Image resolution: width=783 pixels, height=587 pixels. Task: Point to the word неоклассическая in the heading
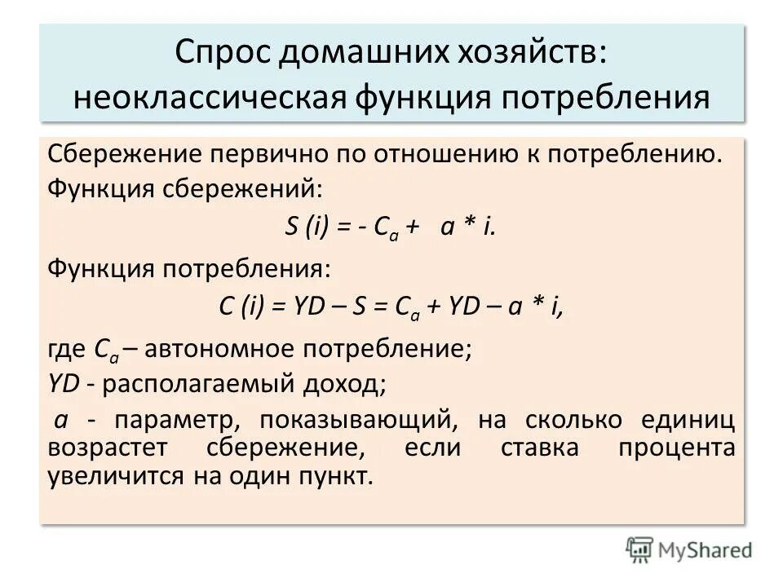tap(210, 98)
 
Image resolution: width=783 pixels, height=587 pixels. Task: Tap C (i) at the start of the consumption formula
tap(241, 307)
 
